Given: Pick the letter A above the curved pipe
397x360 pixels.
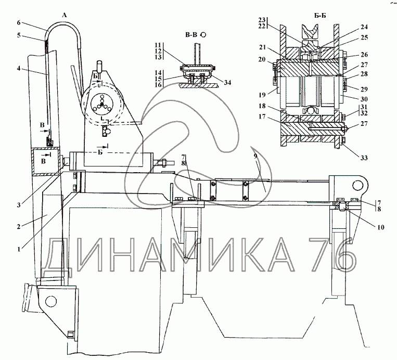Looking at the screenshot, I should point(65,16).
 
